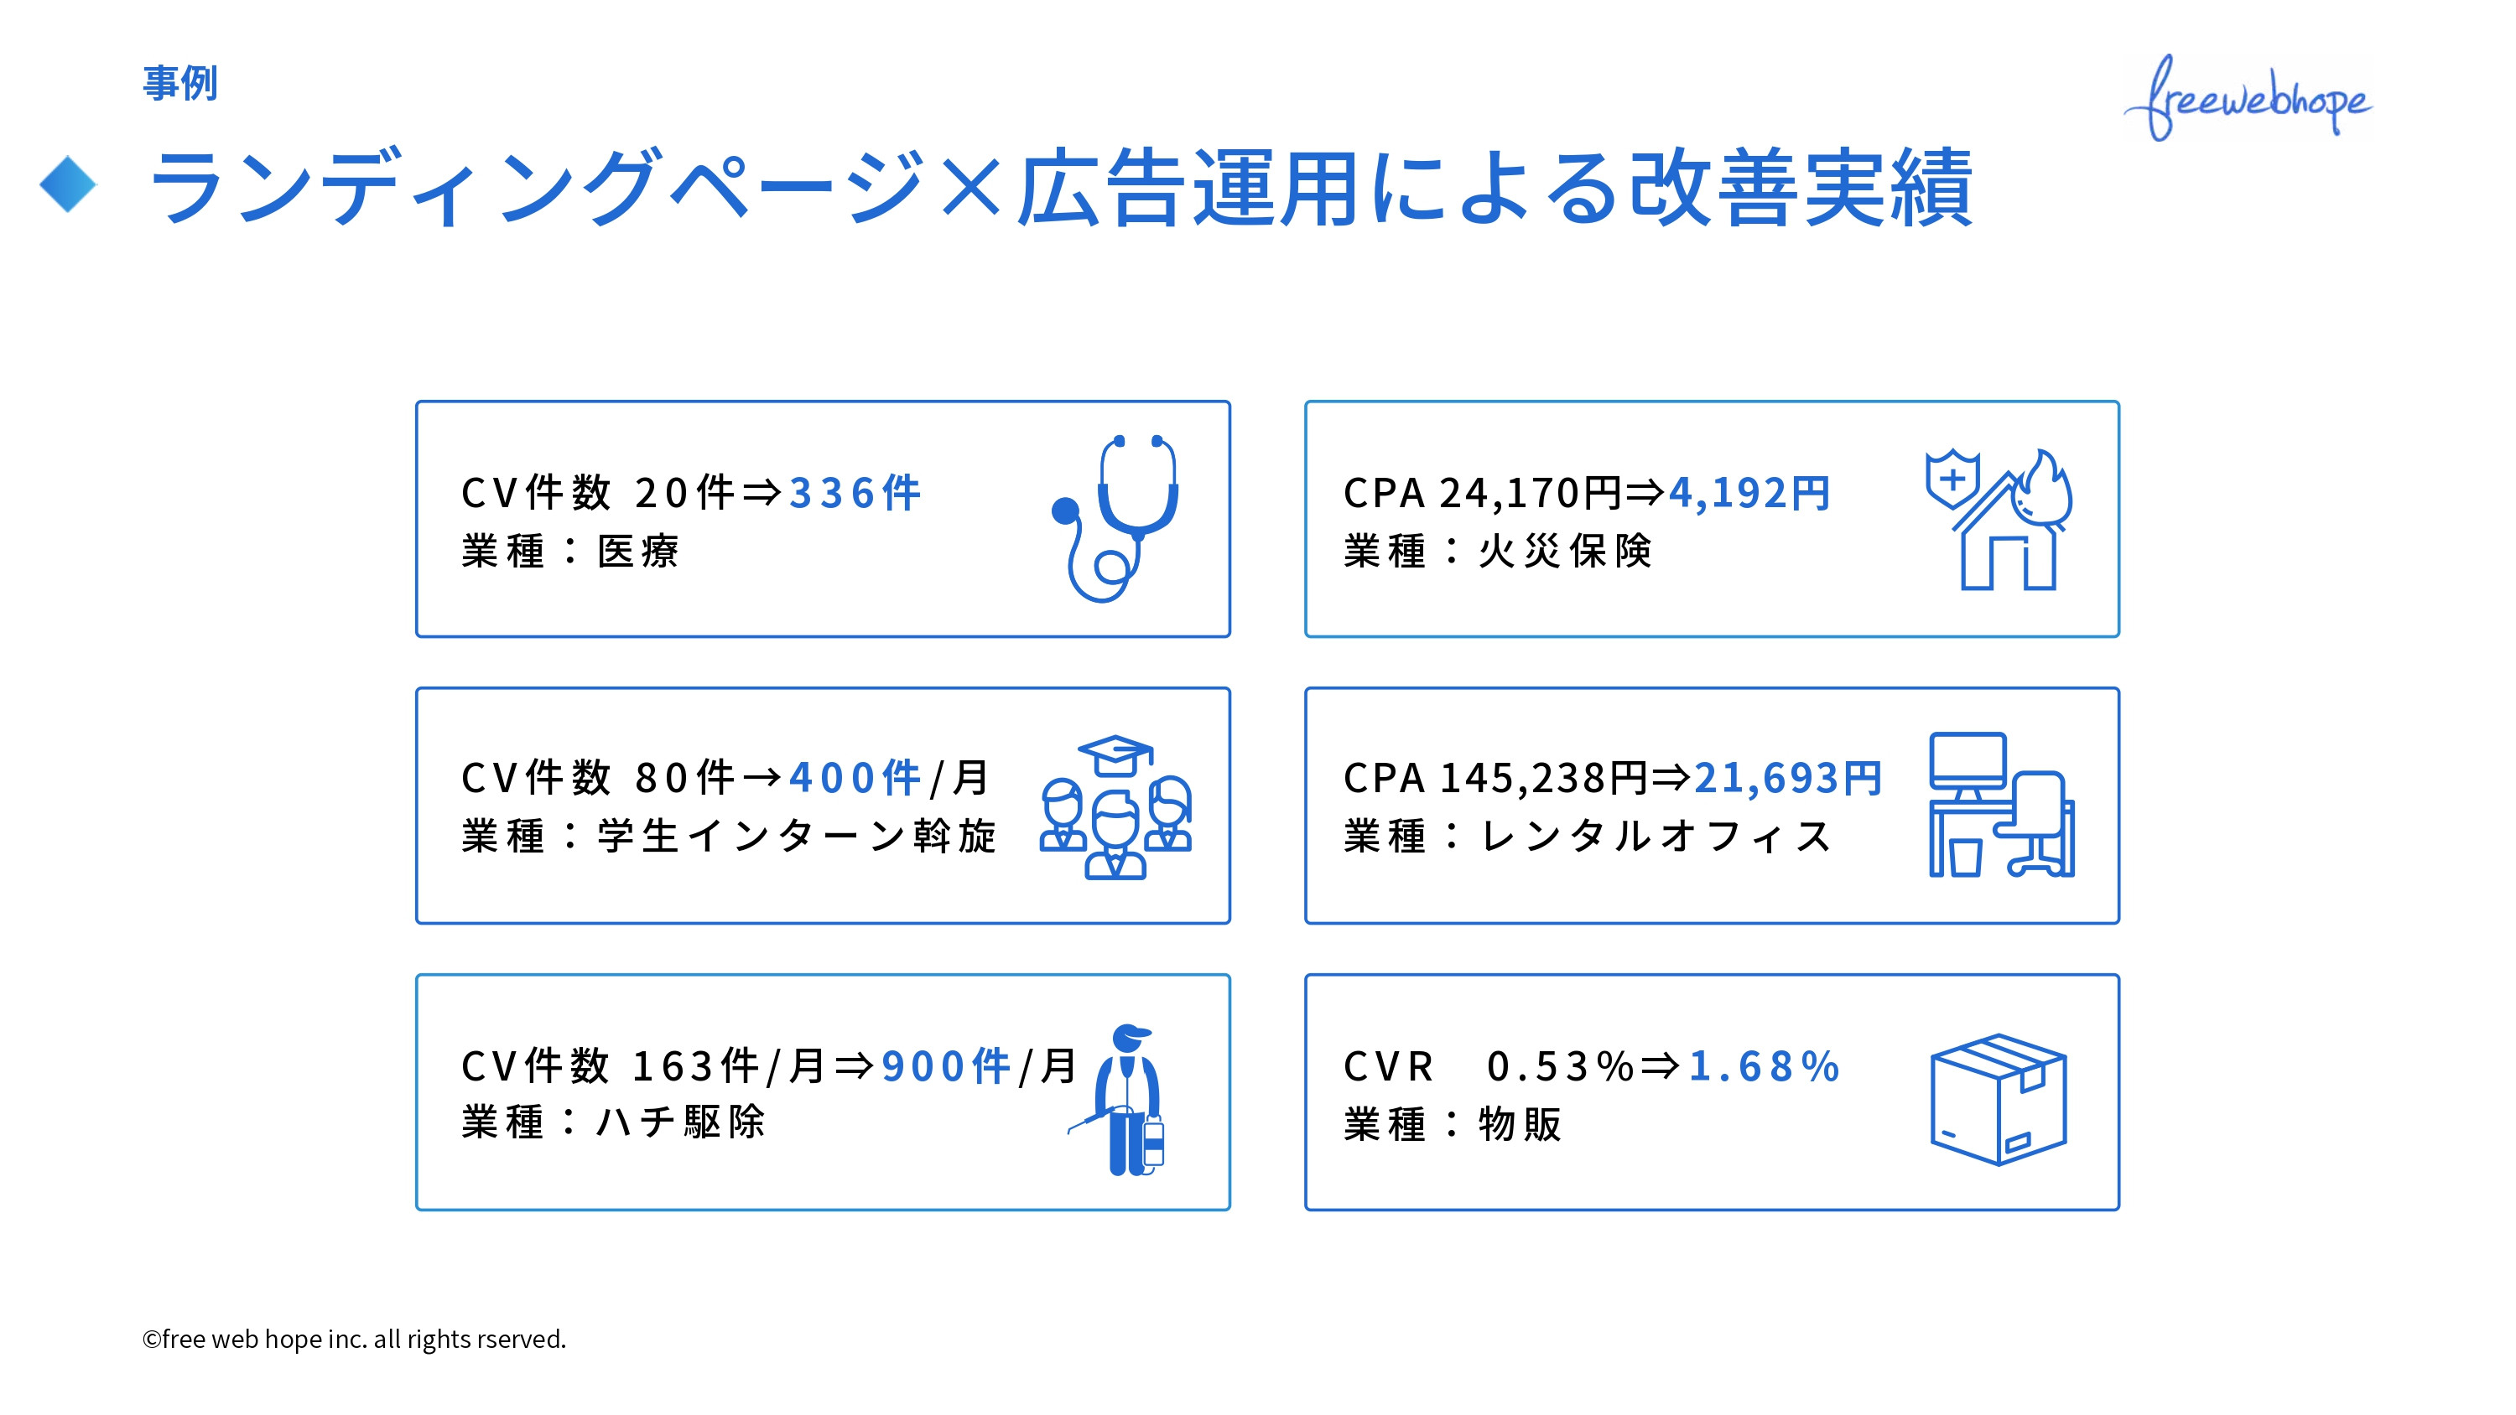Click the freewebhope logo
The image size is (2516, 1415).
point(2248,97)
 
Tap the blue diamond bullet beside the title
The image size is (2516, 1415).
point(69,184)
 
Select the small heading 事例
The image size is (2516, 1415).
point(179,83)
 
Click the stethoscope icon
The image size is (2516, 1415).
point(1117,517)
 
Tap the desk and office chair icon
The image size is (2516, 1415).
point(2001,806)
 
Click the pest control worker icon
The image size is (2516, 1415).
point(1125,1100)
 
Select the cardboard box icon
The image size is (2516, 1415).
point(1999,1100)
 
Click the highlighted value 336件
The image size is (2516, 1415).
point(855,493)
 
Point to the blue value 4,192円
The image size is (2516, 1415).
point(1749,493)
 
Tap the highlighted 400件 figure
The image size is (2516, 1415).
point(855,778)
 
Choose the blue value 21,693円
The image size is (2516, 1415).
point(1787,778)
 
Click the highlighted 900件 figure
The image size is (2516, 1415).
point(945,1065)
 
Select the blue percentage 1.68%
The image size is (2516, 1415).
point(1764,1065)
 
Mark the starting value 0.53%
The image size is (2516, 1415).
point(1560,1065)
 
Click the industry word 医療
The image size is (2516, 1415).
point(637,552)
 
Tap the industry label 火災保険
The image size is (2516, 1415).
point(1565,552)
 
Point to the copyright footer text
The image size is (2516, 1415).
point(355,1339)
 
